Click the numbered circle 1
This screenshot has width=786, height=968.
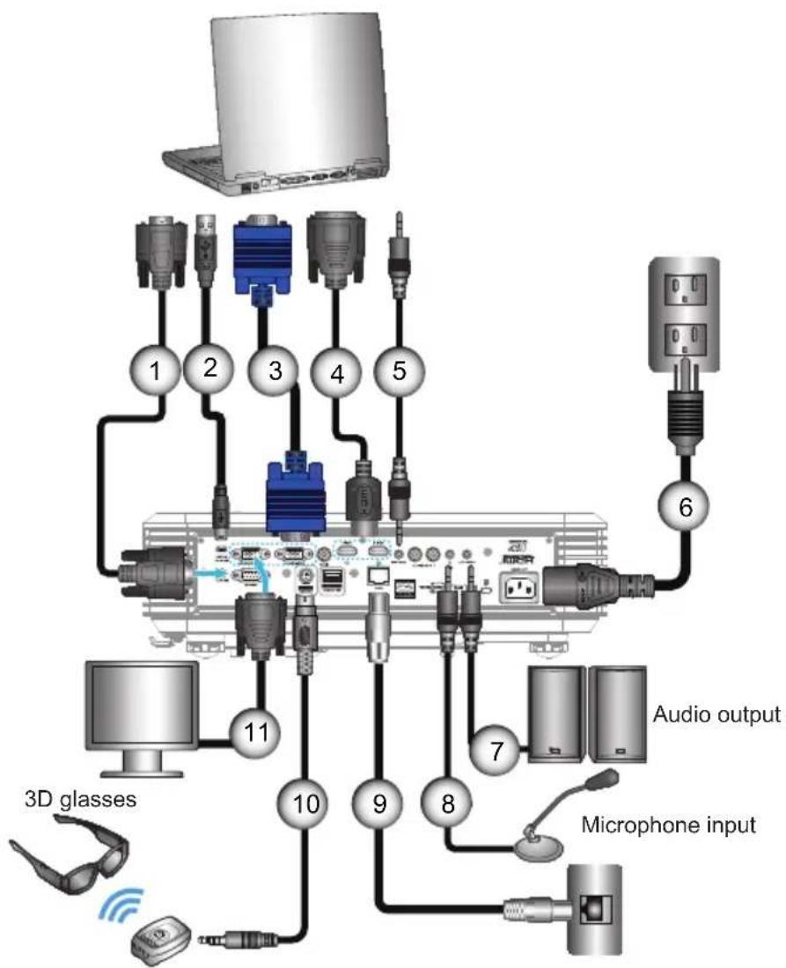pyautogui.click(x=160, y=371)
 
